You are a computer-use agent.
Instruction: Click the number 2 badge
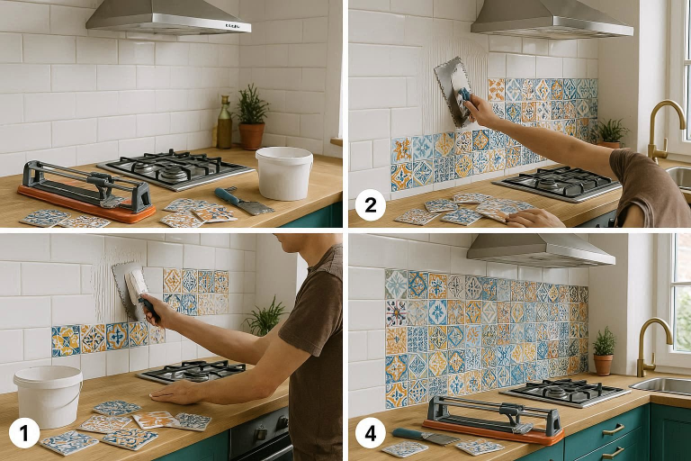pyautogui.click(x=371, y=205)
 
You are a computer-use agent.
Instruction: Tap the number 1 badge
pyautogui.click(x=24, y=434)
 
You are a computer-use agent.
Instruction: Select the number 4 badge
pyautogui.click(x=371, y=434)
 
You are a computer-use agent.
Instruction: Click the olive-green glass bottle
pyautogui.click(x=225, y=122)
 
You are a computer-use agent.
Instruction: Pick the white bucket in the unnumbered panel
pyautogui.click(x=284, y=173)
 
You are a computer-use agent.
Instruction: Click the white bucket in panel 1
pyautogui.click(x=48, y=396)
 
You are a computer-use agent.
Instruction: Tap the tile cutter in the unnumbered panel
pyautogui.click(x=86, y=192)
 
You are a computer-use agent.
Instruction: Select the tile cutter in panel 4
pyautogui.click(x=494, y=420)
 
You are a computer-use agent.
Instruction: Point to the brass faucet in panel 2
pyautogui.click(x=662, y=131)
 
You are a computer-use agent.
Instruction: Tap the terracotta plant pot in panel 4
pyautogui.click(x=603, y=364)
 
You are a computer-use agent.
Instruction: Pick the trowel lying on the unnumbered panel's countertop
pyautogui.click(x=242, y=201)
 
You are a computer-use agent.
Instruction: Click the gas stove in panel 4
pyautogui.click(x=565, y=392)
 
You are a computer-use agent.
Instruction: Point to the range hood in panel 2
pyautogui.click(x=551, y=18)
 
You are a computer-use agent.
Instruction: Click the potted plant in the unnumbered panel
pyautogui.click(x=252, y=117)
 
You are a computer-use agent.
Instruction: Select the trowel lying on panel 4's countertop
pyautogui.click(x=424, y=438)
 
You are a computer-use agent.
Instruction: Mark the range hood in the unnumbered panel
pyautogui.click(x=168, y=18)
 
